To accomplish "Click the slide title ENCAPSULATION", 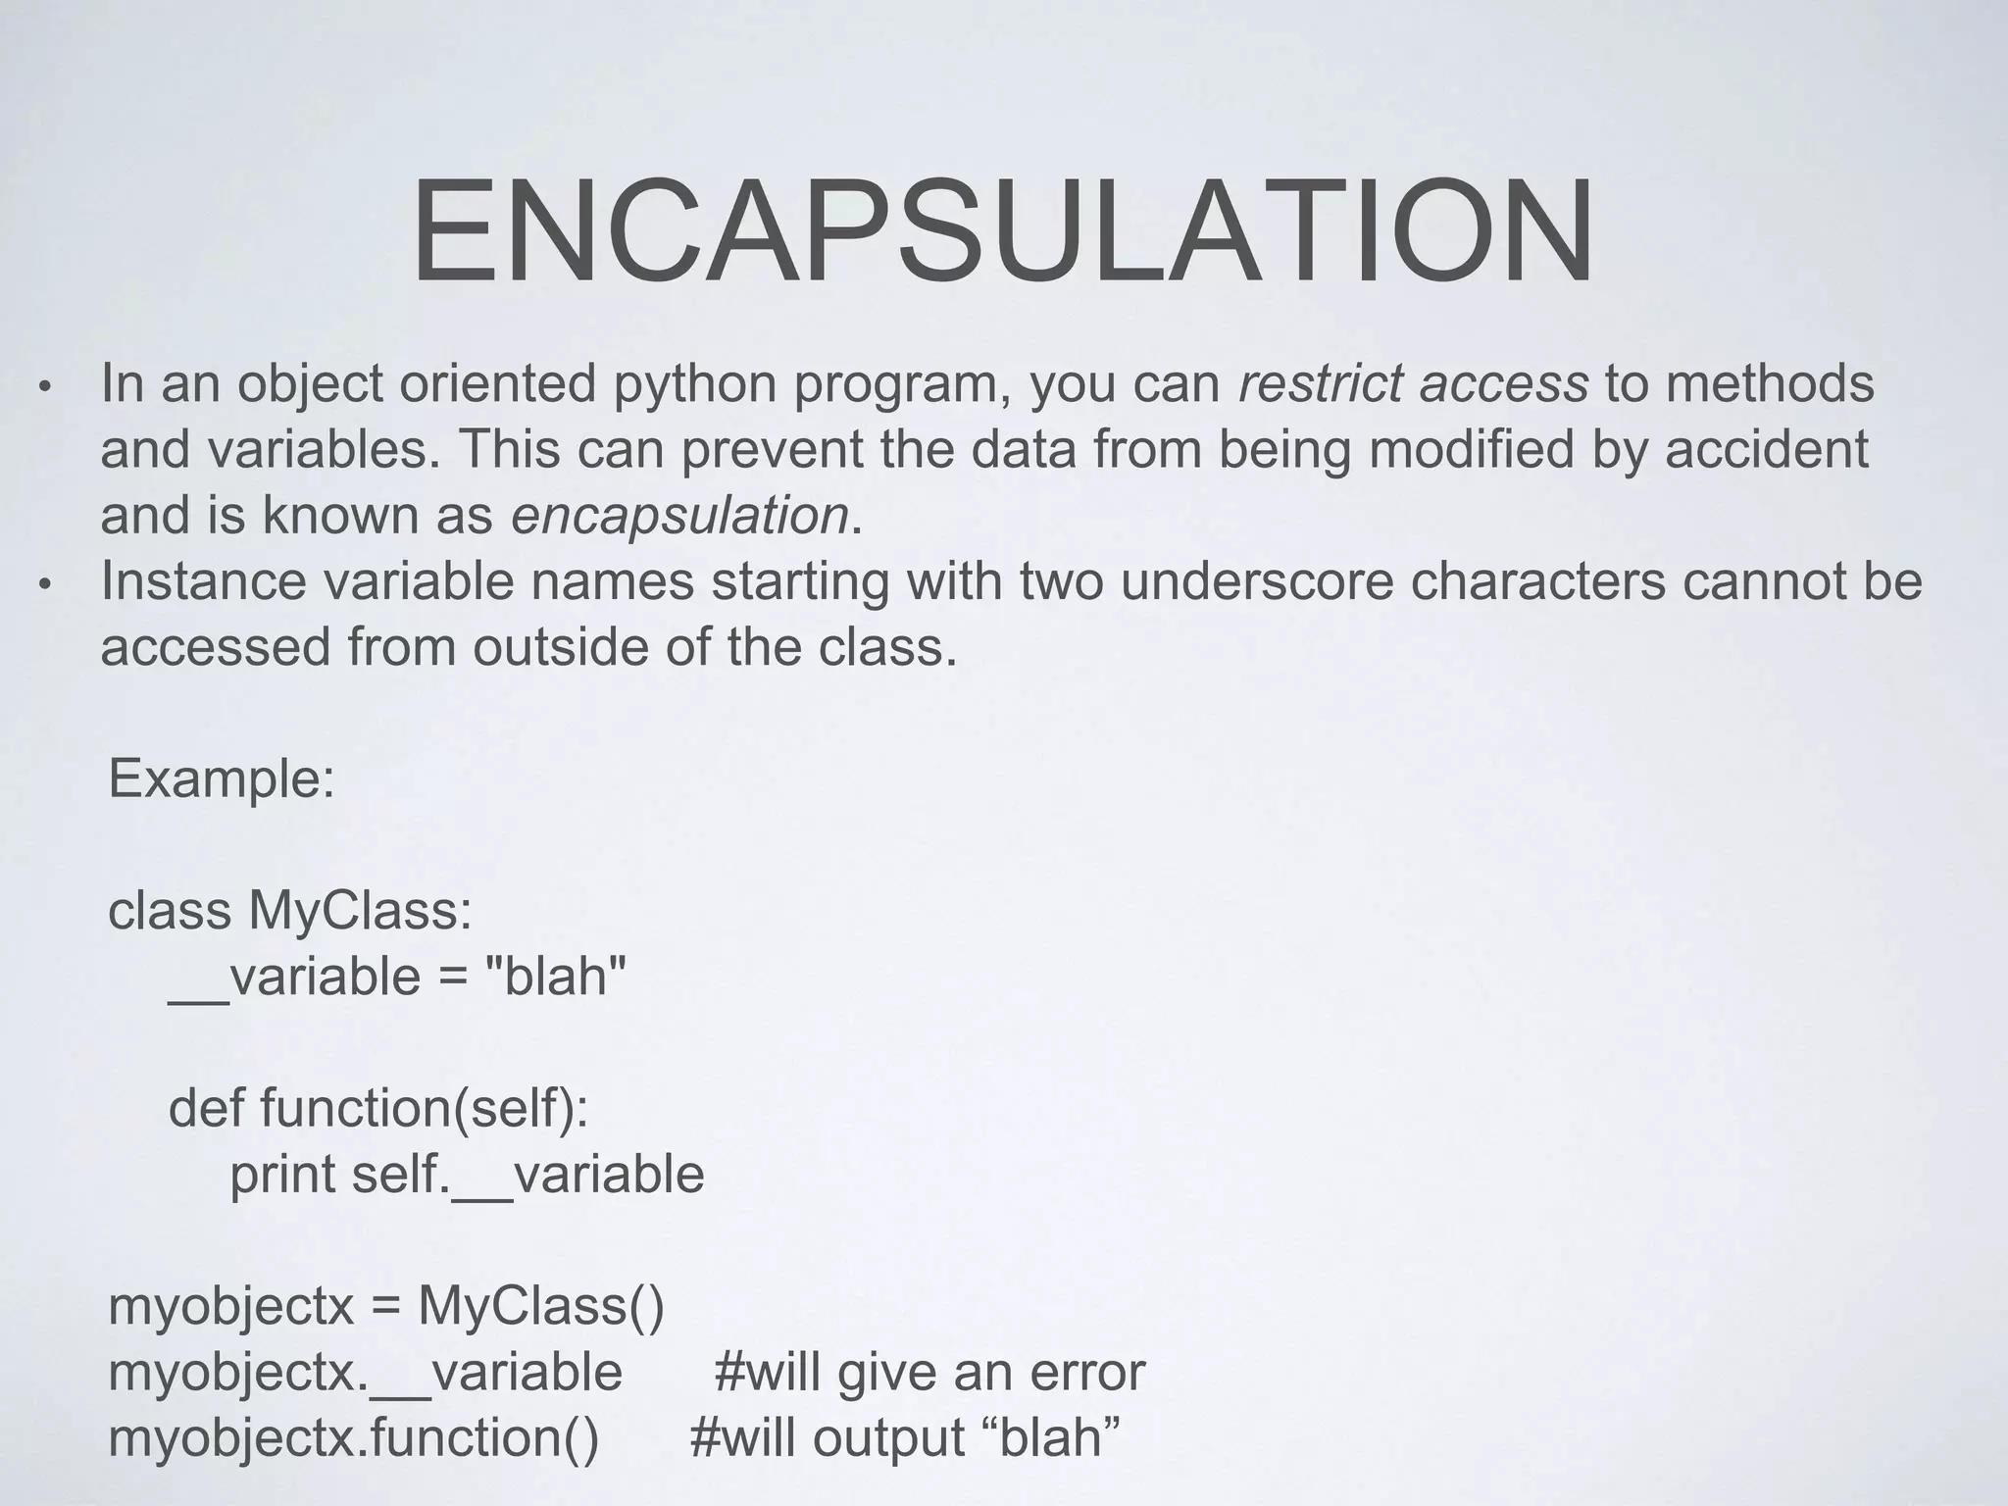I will pyautogui.click(x=1002, y=233).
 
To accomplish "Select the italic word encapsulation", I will pyautogui.click(x=679, y=515).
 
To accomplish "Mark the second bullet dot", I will pyautogui.click(x=43, y=585).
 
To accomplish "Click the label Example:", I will pyautogui.click(x=222, y=778).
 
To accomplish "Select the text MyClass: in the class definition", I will pyautogui.click(x=361, y=911).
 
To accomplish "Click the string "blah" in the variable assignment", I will pyautogui.click(x=556, y=978).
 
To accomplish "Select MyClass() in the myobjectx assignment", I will pyautogui.click(x=541, y=1307).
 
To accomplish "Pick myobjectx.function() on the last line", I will pyautogui.click(x=353, y=1438).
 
